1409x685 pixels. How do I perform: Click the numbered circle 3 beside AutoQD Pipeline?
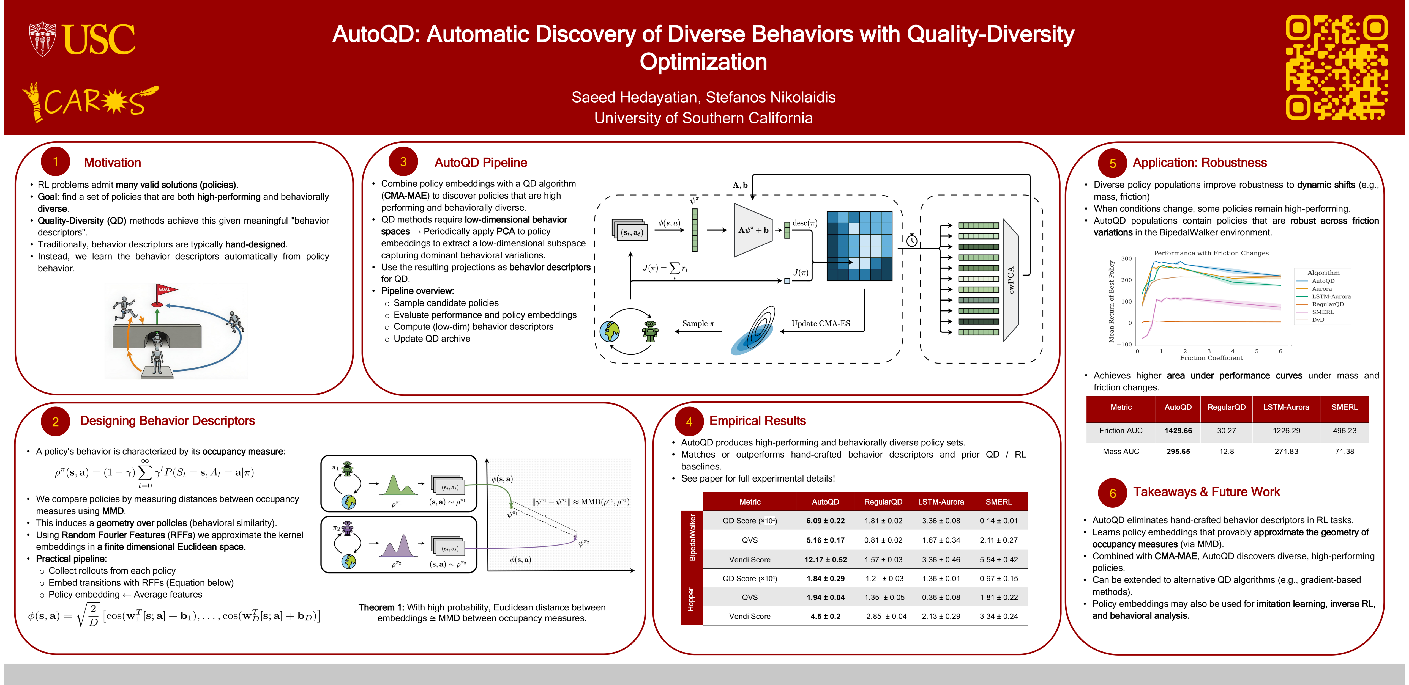[403, 162]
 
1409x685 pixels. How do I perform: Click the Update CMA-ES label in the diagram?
[820, 324]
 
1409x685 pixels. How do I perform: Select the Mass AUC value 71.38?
[1344, 452]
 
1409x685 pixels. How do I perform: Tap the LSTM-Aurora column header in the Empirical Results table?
[941, 502]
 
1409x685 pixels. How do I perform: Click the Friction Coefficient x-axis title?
[1211, 358]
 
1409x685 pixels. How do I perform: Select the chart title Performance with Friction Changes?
[1211, 253]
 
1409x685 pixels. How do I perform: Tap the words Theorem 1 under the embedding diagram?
[381, 607]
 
